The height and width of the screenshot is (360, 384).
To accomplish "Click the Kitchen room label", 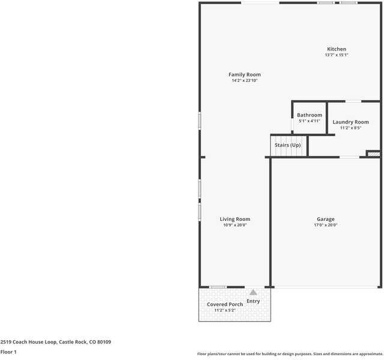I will (x=336, y=49).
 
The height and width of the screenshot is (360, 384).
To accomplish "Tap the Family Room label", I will (x=244, y=75).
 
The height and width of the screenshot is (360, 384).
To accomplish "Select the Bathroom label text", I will (x=310, y=115).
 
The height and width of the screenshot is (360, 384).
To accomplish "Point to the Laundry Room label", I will (x=350, y=122).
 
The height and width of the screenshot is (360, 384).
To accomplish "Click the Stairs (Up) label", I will (x=287, y=145).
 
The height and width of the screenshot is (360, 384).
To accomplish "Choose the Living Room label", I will (x=235, y=220).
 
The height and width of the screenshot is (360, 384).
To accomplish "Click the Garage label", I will (x=326, y=220).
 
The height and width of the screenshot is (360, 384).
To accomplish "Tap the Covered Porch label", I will (x=225, y=305).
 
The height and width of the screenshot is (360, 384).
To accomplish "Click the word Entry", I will (x=253, y=301).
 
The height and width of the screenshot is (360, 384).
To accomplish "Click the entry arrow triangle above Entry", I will (x=253, y=293).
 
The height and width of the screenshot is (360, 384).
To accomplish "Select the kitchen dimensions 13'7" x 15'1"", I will (x=336, y=55).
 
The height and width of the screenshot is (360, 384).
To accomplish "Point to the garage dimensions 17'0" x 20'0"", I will (x=326, y=226).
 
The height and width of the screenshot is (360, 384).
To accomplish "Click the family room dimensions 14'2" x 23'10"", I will (x=244, y=80).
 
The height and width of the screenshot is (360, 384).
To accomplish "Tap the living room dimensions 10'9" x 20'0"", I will (x=235, y=226).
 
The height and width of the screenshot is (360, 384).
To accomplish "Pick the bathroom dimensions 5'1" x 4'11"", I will (x=310, y=121).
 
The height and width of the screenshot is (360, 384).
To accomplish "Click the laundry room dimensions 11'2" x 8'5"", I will (x=350, y=128).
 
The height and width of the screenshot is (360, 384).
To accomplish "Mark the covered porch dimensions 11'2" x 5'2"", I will (x=225, y=311).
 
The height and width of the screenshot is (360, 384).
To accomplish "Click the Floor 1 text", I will (x=8, y=352).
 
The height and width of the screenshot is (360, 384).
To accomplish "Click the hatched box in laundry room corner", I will (x=373, y=154).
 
